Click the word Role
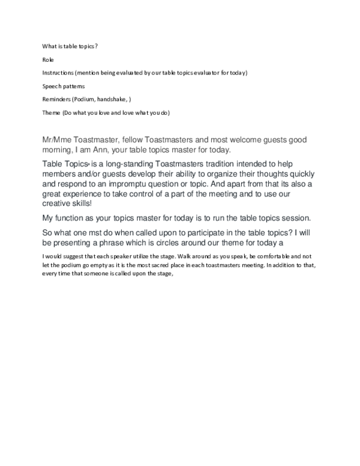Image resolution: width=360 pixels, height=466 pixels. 48,59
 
